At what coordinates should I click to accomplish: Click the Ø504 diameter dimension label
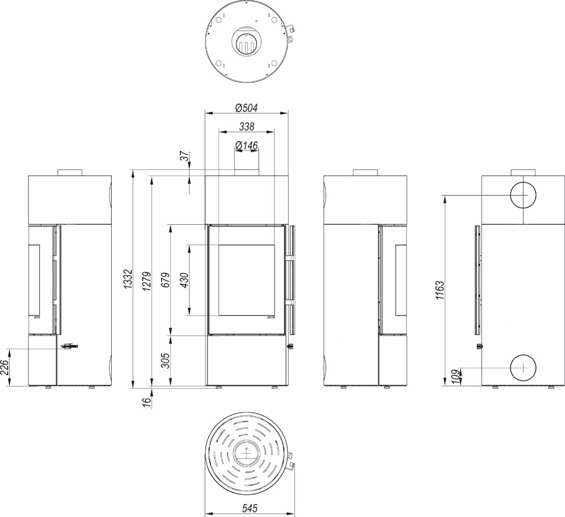tap(246, 108)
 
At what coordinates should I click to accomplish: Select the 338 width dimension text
tap(247, 127)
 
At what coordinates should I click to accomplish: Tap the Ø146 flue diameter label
tap(246, 146)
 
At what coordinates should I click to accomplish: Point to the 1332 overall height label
tap(128, 279)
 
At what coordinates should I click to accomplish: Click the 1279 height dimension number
tap(147, 282)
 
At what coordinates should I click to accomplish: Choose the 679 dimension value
tap(166, 280)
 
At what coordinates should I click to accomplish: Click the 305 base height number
tap(166, 361)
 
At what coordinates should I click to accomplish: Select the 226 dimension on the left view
tap(5, 368)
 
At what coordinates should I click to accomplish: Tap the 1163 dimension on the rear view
tap(440, 290)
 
